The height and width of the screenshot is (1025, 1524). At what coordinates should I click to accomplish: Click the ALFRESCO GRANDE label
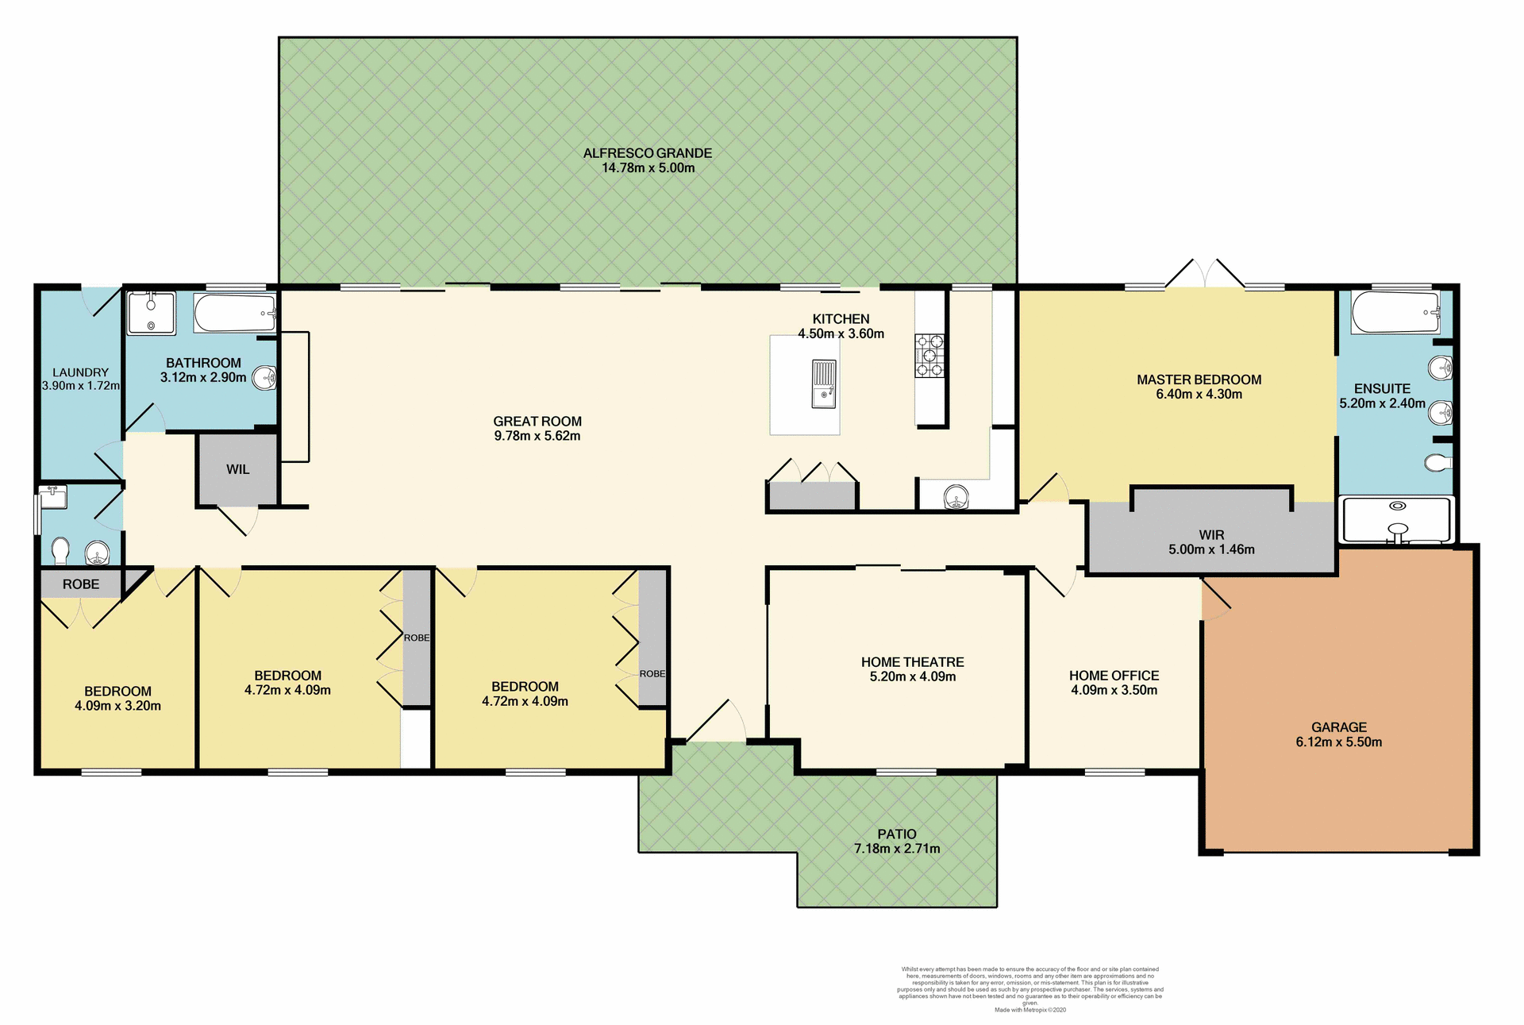(x=648, y=153)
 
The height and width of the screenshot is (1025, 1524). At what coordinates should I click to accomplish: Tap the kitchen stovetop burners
(x=929, y=355)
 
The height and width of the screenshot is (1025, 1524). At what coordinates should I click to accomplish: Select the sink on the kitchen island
(x=824, y=384)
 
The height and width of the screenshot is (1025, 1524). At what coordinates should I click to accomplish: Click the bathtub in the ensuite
(x=1395, y=312)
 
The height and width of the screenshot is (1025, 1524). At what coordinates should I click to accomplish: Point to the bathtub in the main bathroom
(x=235, y=314)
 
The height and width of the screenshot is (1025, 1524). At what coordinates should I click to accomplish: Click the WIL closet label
(x=237, y=469)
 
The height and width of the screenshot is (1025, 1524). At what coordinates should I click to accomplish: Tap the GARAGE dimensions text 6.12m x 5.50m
(x=1338, y=742)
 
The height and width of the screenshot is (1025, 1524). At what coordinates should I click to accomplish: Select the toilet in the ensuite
(x=1437, y=462)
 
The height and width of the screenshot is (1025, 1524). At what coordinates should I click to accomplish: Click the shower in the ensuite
(x=1397, y=520)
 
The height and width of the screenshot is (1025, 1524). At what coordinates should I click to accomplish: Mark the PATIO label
(x=897, y=834)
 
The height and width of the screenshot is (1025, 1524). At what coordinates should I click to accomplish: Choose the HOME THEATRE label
(x=912, y=662)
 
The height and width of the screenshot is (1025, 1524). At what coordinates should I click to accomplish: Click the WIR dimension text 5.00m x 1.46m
(x=1211, y=549)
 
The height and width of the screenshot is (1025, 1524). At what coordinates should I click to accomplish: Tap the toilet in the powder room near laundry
(x=60, y=549)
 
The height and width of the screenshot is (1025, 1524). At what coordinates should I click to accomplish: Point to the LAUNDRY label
(x=80, y=372)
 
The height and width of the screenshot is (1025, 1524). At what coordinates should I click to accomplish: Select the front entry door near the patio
(x=716, y=722)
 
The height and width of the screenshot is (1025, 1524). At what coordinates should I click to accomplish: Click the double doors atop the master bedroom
(x=1205, y=274)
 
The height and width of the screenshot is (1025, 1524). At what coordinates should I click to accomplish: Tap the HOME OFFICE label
(x=1114, y=676)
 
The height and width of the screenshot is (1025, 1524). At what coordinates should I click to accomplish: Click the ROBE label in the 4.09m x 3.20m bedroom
(x=81, y=584)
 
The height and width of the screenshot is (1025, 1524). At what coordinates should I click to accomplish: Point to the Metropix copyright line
(x=1029, y=1010)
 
